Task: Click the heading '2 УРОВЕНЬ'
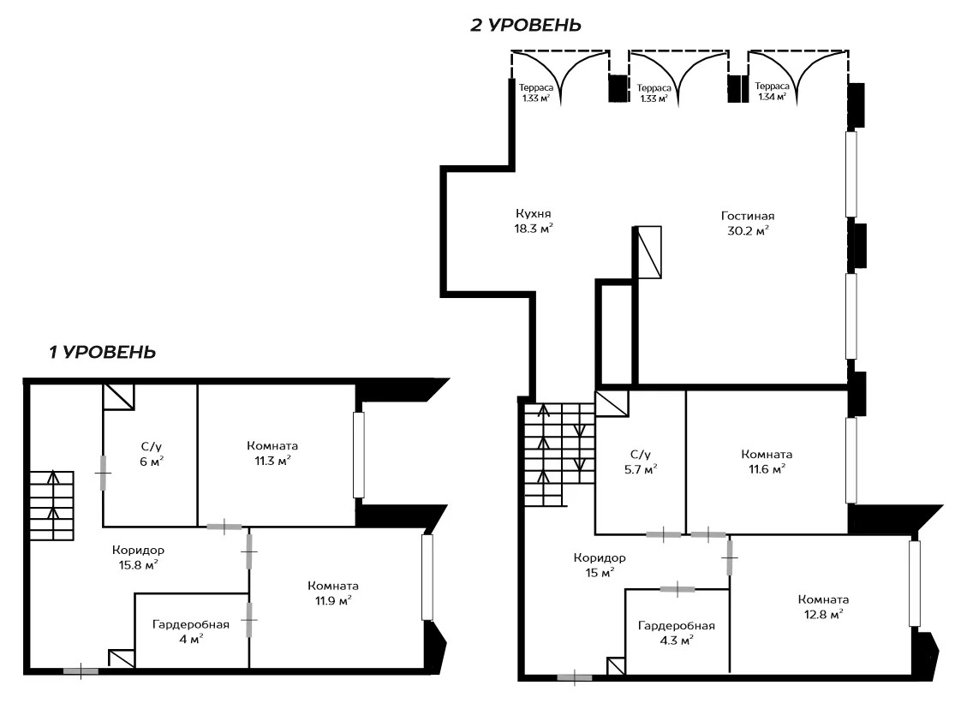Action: click(x=525, y=25)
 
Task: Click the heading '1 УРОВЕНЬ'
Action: click(x=102, y=352)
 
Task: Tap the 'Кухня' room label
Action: click(x=534, y=214)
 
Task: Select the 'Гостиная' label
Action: click(x=748, y=216)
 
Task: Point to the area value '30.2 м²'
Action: click(x=748, y=231)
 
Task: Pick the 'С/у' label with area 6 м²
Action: click(x=152, y=447)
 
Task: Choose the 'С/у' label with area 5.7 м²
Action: click(x=641, y=455)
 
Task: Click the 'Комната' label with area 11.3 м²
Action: click(x=272, y=445)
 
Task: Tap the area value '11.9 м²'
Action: click(x=333, y=600)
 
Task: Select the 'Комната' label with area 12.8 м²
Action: click(x=823, y=599)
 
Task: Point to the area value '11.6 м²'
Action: click(x=767, y=469)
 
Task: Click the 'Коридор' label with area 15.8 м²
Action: click(x=138, y=551)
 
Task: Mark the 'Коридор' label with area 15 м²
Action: click(x=600, y=557)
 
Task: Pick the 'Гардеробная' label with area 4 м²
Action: click(x=191, y=624)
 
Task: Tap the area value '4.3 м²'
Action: click(x=677, y=640)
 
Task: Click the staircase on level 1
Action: click(x=53, y=505)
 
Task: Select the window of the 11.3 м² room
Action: click(x=359, y=455)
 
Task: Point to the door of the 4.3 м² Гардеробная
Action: click(x=677, y=589)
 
